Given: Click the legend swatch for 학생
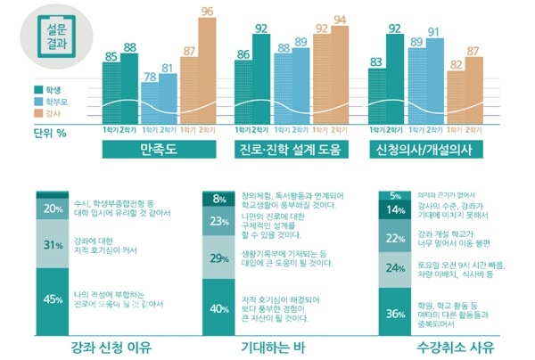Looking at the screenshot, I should click(37, 89).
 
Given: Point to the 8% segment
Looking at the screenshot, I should click(219, 198).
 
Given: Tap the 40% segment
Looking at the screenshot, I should click(219, 308).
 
